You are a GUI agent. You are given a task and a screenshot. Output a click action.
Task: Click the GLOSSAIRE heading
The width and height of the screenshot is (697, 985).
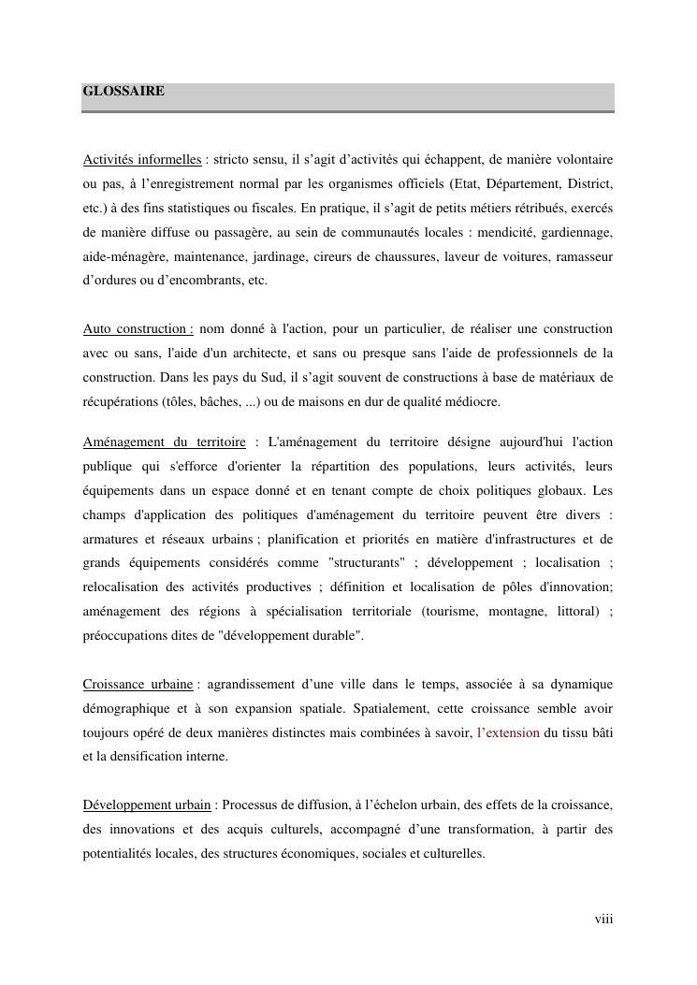[x=123, y=92]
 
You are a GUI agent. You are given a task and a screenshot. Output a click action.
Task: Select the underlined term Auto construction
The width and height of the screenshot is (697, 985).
[x=138, y=329]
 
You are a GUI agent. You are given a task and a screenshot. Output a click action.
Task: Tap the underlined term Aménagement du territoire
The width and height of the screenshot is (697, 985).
[x=164, y=442]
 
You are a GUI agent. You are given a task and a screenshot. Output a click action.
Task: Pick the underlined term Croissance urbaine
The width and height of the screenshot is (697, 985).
[x=138, y=685]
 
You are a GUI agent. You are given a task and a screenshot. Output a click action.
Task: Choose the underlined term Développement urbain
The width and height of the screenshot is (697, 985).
[x=147, y=804]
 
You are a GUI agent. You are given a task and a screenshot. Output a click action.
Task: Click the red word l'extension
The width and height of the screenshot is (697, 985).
[x=508, y=733]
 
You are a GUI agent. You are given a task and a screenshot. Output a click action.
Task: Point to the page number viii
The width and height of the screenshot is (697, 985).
[x=603, y=920]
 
